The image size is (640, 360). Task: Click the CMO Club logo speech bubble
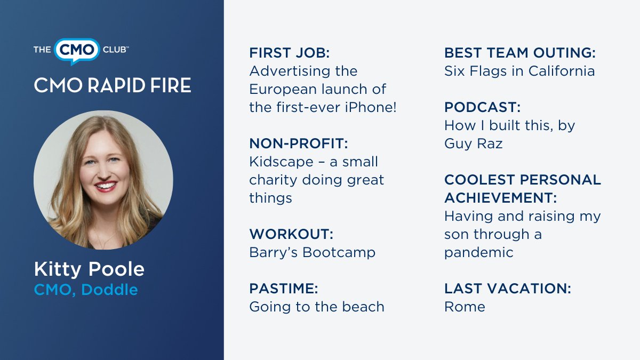(77, 50)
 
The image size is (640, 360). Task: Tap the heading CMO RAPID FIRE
(112, 85)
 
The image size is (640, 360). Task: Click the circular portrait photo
(103, 180)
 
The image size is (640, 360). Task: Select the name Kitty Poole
(89, 269)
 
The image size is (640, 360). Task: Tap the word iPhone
(369, 107)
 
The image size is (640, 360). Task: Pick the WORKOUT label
(291, 234)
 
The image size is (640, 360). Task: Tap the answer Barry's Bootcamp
(312, 252)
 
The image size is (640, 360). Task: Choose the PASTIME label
(283, 289)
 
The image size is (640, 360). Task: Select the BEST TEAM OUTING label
(519, 53)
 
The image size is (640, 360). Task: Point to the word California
(562, 71)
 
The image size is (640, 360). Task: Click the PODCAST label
(482, 107)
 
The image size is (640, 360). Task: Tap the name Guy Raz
(473, 143)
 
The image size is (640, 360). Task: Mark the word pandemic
(478, 252)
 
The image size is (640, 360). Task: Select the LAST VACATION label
(507, 289)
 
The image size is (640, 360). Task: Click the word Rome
(465, 307)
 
